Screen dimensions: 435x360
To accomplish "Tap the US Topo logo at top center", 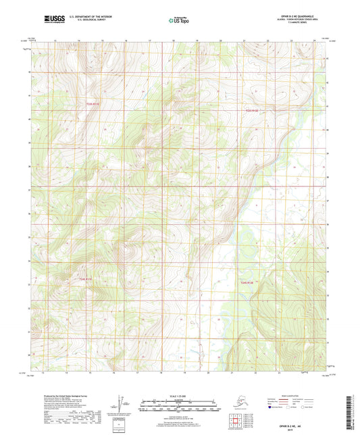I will [x=178, y=21].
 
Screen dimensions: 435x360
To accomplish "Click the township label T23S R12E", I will [x=251, y=110].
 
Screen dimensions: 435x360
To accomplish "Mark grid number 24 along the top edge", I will [x=314, y=41].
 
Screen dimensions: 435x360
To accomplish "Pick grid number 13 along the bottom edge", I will [x=43, y=372].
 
